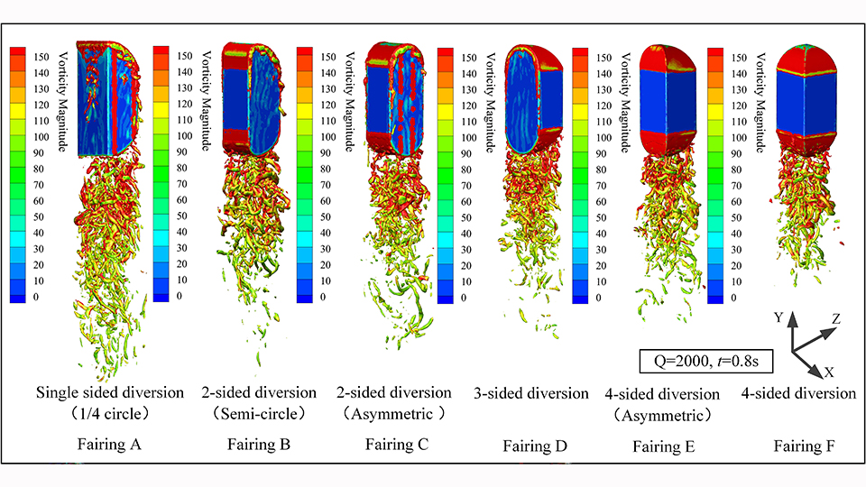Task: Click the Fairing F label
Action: [x=798, y=445]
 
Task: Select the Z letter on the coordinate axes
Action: [x=837, y=319]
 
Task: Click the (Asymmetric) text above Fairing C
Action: [x=398, y=415]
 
